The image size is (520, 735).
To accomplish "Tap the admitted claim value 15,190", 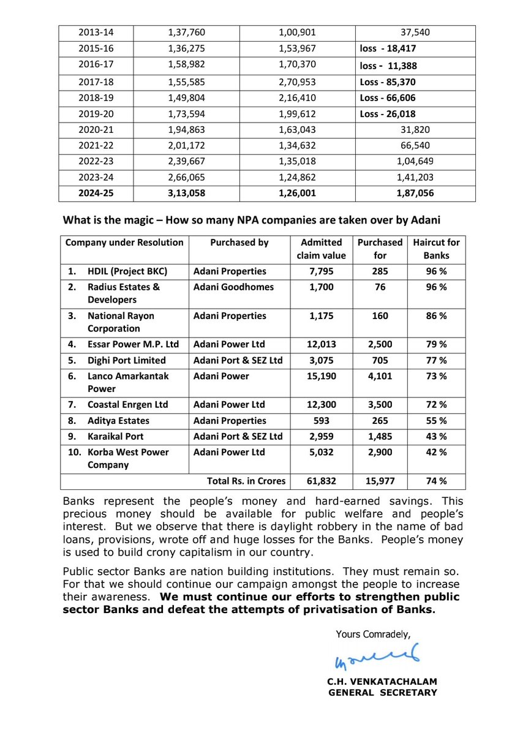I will [x=318, y=376].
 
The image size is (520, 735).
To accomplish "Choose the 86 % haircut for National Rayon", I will [x=436, y=316].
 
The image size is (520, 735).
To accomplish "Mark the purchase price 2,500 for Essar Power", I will [x=380, y=345].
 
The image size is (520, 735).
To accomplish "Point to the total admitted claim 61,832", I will [x=318, y=481].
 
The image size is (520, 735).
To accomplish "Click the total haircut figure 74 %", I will [x=436, y=481].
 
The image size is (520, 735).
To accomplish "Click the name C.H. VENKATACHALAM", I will [x=383, y=681].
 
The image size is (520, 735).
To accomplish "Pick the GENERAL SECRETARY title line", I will [x=383, y=693].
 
